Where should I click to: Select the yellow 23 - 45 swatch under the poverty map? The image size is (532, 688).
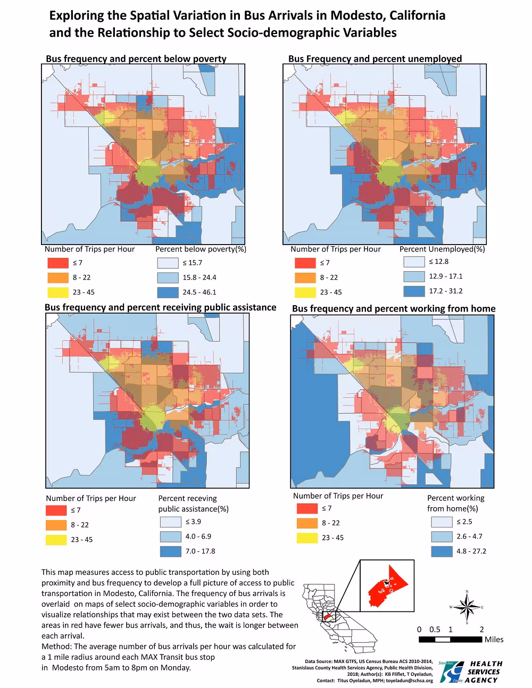click(58, 292)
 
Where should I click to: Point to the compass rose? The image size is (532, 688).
click(467, 607)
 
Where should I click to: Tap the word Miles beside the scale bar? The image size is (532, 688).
click(494, 639)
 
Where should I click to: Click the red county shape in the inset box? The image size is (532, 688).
click(386, 588)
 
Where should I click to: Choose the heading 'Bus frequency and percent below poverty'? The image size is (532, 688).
click(136, 58)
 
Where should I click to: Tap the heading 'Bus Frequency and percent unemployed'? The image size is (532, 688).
click(375, 58)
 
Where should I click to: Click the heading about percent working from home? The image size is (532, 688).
click(394, 308)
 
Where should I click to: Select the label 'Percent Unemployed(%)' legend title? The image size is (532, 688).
click(442, 249)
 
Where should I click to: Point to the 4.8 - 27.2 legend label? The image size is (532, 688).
click(471, 551)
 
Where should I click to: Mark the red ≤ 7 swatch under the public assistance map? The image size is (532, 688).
click(56, 510)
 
